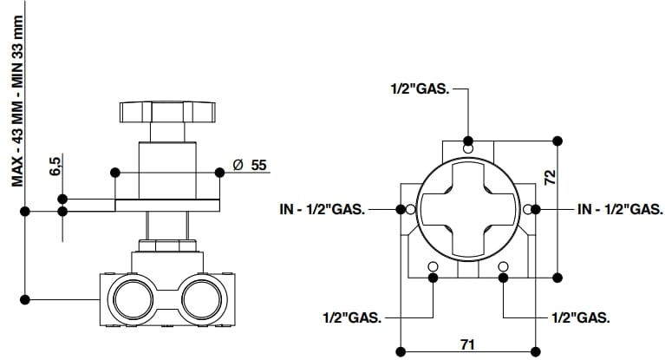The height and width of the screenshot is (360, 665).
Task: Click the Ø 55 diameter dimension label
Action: tap(250, 165)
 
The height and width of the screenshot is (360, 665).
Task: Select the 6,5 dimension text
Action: tap(55, 166)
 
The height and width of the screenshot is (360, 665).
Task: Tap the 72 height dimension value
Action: tap(550, 177)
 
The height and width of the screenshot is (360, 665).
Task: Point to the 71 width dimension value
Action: tap(467, 344)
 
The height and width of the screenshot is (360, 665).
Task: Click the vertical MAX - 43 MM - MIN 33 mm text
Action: tap(17, 101)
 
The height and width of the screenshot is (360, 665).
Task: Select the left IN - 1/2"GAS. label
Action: tap(323, 209)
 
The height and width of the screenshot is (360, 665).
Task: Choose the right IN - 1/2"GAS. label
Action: tap(620, 209)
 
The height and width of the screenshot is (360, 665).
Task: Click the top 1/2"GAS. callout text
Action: tap(420, 89)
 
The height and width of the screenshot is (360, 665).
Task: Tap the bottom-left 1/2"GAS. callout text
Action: tap(352, 317)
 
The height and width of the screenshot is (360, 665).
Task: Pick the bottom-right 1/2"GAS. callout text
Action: tap(581, 317)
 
